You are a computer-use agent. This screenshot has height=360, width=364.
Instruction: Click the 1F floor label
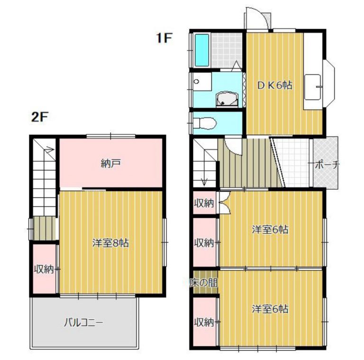(x=164, y=38)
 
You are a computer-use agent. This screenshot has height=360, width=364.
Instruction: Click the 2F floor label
(x=39, y=117)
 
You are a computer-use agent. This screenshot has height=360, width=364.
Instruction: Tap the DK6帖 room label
(x=274, y=85)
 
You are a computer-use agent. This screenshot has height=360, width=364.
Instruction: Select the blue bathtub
(x=202, y=50)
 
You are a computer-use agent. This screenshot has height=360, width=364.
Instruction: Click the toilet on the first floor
(x=204, y=123)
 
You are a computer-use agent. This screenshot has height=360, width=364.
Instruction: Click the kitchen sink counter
(x=313, y=87)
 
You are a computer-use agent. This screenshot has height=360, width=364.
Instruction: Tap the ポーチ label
(x=328, y=165)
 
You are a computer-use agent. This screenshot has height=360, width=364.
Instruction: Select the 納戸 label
(x=111, y=164)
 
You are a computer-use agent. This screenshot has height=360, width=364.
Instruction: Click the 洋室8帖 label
(x=110, y=243)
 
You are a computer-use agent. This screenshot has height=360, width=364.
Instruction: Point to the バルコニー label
(x=83, y=323)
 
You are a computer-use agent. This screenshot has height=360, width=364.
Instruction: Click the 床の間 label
(x=204, y=283)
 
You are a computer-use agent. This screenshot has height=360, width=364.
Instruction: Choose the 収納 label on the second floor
(x=44, y=269)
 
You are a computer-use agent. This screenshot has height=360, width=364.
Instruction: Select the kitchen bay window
(x=329, y=84)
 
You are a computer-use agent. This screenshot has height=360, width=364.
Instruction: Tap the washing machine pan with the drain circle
(x=202, y=82)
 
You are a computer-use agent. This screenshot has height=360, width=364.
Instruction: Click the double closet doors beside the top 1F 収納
(x=225, y=203)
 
